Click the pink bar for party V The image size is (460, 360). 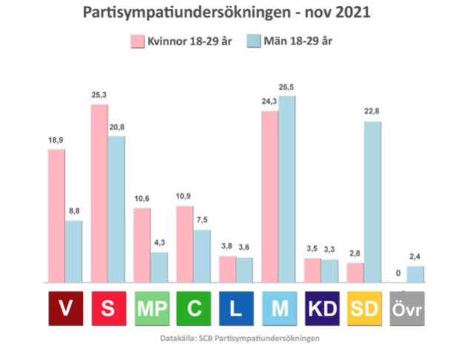pos(56,216)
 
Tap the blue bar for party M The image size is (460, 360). pos(287,189)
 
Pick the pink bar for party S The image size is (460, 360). pos(99,193)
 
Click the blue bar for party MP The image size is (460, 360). pos(159,267)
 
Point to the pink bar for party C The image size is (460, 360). pos(185,244)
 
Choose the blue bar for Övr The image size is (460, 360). pos(416,274)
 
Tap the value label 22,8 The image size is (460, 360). pos(372,113)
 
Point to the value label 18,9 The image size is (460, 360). pos(56,140)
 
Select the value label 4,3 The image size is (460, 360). pos(159,243)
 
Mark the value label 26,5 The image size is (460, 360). pos(287,87)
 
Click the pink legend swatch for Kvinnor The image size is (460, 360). pos(138,41)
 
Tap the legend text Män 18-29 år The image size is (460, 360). pos(300,41)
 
